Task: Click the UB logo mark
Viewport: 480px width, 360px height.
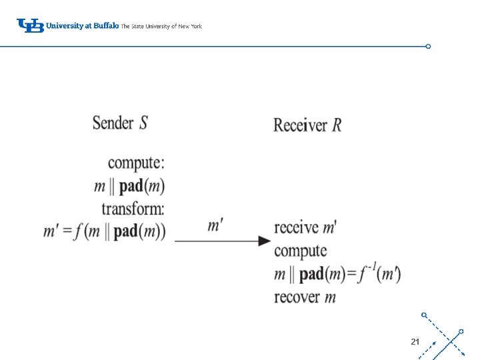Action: click(30, 26)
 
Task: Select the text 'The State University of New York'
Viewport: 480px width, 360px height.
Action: click(161, 27)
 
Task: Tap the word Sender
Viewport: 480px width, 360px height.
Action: click(113, 123)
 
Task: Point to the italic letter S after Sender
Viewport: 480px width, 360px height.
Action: click(143, 123)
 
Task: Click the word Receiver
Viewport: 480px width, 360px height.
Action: click(300, 125)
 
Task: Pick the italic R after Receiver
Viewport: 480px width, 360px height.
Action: click(337, 125)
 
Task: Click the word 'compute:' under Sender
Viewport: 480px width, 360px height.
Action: click(136, 163)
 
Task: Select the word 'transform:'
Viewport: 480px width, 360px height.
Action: click(133, 208)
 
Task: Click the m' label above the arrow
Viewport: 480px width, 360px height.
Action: click(215, 225)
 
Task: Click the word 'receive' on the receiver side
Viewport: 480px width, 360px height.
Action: click(296, 227)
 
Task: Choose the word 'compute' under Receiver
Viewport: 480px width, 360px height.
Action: click(300, 251)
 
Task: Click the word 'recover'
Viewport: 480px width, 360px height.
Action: click(297, 297)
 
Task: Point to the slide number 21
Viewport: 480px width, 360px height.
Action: click(415, 341)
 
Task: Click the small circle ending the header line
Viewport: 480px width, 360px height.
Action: click(428, 47)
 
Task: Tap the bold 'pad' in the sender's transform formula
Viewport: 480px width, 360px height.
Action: click(125, 231)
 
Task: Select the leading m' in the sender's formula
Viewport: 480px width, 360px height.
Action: click(52, 232)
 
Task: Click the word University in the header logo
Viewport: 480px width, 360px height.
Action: click(64, 26)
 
